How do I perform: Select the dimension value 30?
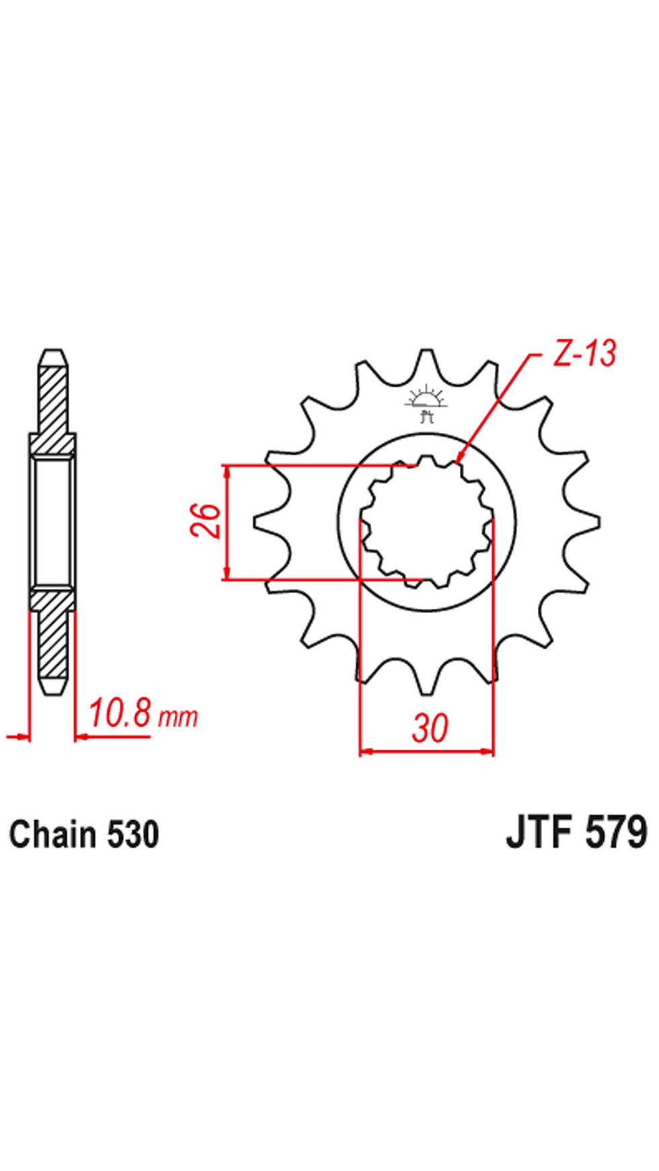pos(430,728)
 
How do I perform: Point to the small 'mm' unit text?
pos(178,717)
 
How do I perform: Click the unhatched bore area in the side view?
pos(52,521)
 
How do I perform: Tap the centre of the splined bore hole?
pos(427,522)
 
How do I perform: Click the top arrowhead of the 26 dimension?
pos(227,469)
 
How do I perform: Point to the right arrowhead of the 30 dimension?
pos(490,751)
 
